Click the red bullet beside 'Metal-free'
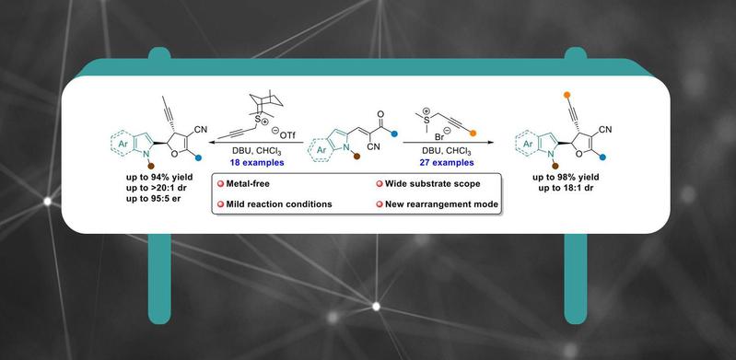click(219, 184)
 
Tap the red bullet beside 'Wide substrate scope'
click(379, 184)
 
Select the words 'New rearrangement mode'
click(442, 204)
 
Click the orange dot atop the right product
click(567, 95)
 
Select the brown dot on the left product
click(151, 165)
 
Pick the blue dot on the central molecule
click(394, 134)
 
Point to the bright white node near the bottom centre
click(376, 306)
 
